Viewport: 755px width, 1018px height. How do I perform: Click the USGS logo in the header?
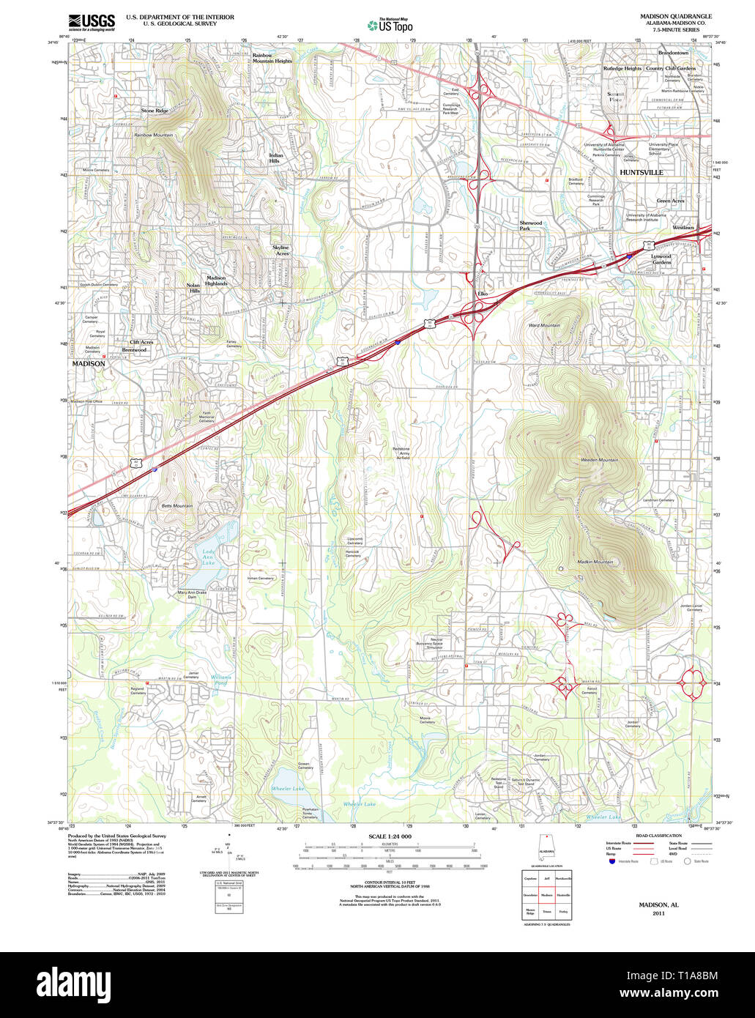coord(92,22)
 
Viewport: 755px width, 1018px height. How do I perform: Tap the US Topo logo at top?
coord(390,26)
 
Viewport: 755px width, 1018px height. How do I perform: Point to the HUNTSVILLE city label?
coord(641,172)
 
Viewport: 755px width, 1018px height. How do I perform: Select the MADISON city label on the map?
coord(88,363)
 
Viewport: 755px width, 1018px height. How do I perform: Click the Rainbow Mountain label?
coord(154,135)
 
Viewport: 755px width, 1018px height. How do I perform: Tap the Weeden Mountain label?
coord(599,460)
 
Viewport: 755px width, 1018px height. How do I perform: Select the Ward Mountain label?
coord(544,325)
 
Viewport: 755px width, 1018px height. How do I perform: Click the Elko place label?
coord(482,294)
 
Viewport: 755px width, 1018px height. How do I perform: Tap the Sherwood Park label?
coord(530,226)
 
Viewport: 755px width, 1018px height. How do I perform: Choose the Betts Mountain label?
coord(176,506)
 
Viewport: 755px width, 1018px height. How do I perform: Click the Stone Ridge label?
coord(155,111)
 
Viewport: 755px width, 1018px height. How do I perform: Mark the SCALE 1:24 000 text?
coord(390,836)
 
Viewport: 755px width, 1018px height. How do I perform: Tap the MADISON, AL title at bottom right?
coord(658,905)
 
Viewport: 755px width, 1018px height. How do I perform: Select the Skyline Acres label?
coord(280,250)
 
